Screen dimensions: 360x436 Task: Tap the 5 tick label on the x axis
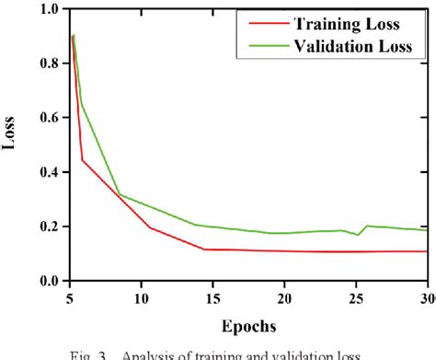pyautogui.click(x=70, y=297)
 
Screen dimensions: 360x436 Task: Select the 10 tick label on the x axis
pyautogui.click(x=142, y=297)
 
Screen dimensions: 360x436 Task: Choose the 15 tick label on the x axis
pyautogui.click(x=212, y=297)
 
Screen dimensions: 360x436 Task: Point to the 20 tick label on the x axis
pyautogui.click(x=284, y=297)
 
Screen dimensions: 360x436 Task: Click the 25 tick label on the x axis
pyautogui.click(x=356, y=297)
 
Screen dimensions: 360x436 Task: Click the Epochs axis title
pyautogui.click(x=248, y=325)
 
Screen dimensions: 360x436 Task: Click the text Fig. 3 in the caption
pyautogui.click(x=127, y=353)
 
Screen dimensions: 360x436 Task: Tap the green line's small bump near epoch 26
pyautogui.click(x=368, y=226)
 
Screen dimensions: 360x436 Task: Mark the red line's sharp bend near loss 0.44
pyautogui.click(x=83, y=160)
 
